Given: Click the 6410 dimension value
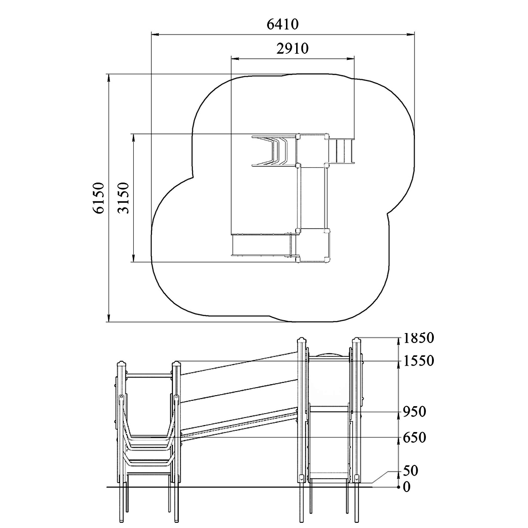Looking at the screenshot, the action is point(282,24).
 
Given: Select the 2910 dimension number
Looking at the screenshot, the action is point(292,48).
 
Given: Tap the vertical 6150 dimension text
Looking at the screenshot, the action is point(99,198).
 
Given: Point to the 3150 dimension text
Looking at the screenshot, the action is point(123,198).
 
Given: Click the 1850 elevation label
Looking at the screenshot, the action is point(419,338).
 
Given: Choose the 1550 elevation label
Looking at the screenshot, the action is point(419,361).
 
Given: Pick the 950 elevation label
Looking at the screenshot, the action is point(414,412).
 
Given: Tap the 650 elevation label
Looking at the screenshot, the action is point(414,437).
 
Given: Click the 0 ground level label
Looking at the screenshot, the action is point(407,488).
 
